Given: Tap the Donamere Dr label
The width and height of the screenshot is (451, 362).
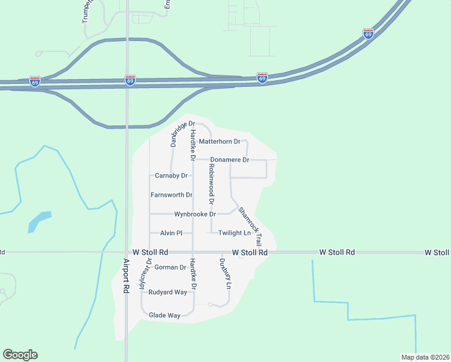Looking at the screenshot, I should [x=229, y=160].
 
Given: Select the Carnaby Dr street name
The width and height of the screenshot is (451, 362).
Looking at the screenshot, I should [x=171, y=176].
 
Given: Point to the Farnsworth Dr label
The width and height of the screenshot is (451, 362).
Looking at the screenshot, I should [x=171, y=195].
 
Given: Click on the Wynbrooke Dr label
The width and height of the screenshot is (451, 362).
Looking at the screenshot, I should [x=195, y=214].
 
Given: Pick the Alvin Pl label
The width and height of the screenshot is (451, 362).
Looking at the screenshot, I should [x=171, y=233].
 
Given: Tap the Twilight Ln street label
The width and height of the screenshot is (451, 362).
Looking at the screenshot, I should [x=234, y=233].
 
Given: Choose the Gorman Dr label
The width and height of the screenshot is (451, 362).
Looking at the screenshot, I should [x=171, y=267].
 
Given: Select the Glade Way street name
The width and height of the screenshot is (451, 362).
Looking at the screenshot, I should [x=165, y=316].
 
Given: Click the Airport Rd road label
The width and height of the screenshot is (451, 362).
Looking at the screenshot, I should [x=126, y=276].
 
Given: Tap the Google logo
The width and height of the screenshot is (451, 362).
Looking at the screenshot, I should [x=20, y=355].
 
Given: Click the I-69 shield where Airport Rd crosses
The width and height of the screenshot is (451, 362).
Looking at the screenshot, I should [x=130, y=80].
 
